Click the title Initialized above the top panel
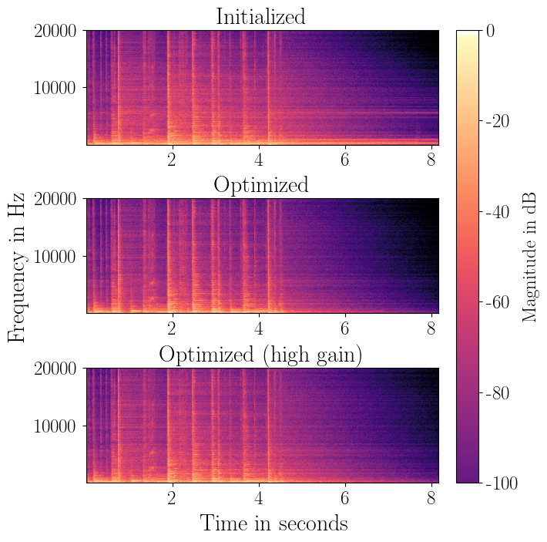[x=260, y=16]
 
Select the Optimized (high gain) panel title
[x=260, y=355]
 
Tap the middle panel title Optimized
[x=260, y=185]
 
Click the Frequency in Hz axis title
[x=17, y=256]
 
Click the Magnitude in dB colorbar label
[x=530, y=256]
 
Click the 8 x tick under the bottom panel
[x=432, y=497]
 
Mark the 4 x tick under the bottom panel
[x=259, y=497]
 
